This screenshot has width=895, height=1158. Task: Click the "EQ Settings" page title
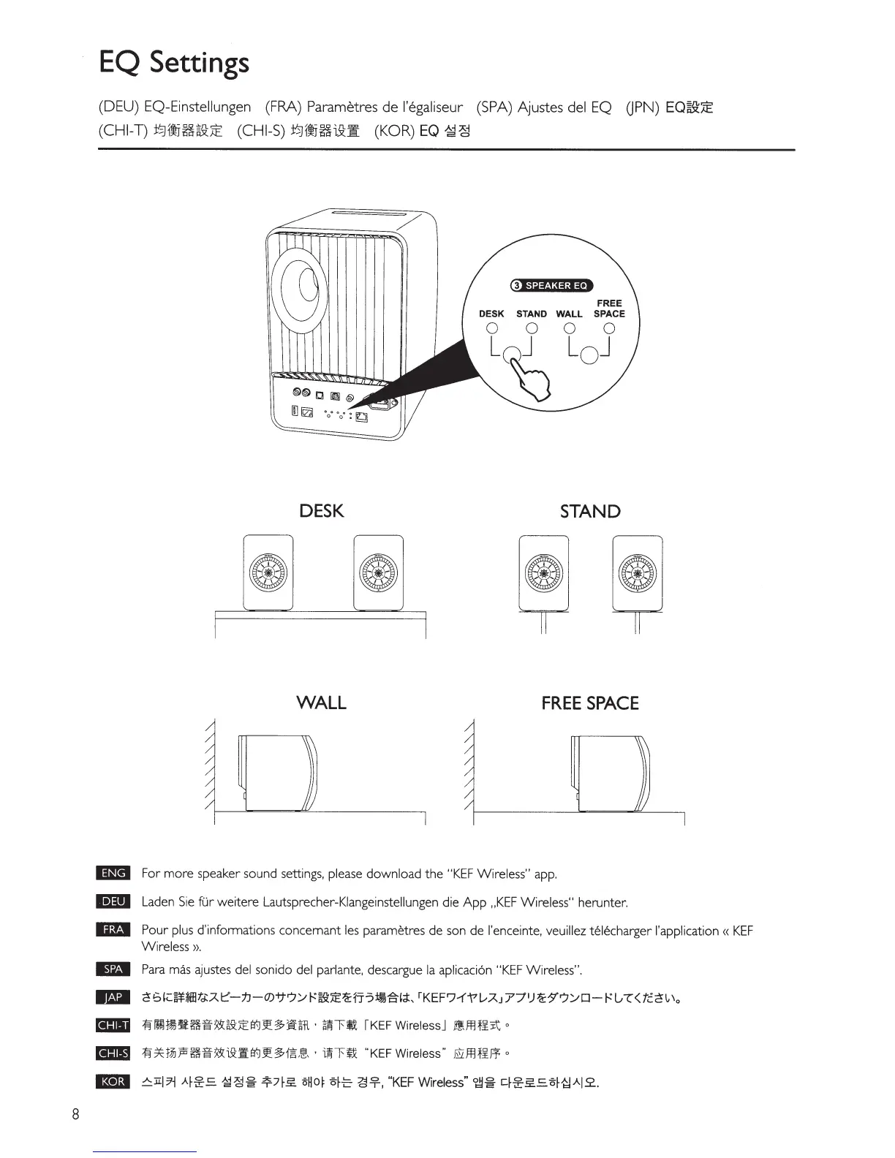click(174, 63)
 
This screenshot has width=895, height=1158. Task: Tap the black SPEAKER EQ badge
click(551, 285)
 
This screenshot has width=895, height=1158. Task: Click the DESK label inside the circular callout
click(491, 314)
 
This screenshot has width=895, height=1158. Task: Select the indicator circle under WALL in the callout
click(569, 328)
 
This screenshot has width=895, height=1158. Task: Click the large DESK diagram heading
click(321, 511)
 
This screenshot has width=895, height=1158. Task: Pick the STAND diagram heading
click(589, 511)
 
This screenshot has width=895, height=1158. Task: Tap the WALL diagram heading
click(321, 703)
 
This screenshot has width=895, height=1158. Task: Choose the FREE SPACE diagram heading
click(589, 703)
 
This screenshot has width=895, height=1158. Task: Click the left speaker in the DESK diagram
click(268, 572)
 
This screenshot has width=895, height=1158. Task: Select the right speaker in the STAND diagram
click(637, 572)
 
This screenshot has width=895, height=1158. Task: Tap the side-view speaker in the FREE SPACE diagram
click(610, 773)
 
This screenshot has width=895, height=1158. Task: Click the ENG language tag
click(113, 873)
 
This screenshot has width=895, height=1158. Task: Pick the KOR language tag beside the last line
click(113, 1082)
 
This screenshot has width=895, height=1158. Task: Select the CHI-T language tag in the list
click(113, 1025)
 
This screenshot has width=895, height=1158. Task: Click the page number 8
click(75, 1115)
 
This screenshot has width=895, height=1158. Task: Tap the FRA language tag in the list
click(113, 930)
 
